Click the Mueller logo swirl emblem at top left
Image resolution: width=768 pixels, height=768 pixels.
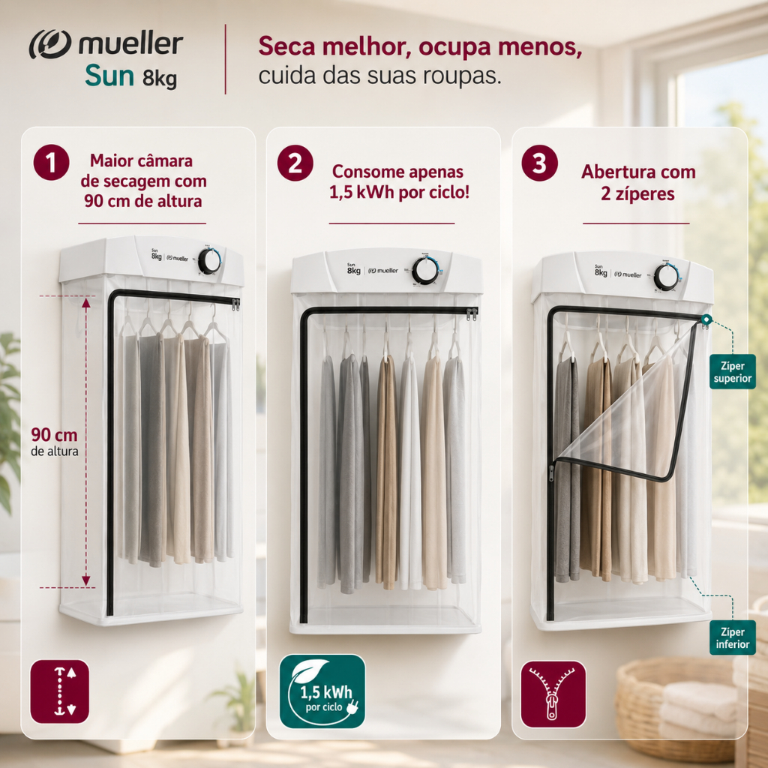(50, 44)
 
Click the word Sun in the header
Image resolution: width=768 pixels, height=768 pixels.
(109, 76)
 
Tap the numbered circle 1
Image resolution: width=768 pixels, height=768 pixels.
(52, 163)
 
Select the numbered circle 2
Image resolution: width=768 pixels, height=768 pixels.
(295, 163)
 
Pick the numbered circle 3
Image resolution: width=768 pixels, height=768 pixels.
(540, 163)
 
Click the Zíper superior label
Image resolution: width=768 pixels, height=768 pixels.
(733, 372)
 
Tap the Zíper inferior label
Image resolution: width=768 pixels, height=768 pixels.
(733, 637)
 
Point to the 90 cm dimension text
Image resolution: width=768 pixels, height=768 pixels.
(54, 435)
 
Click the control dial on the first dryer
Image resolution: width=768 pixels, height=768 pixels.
(210, 261)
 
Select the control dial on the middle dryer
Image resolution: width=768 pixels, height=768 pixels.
(425, 270)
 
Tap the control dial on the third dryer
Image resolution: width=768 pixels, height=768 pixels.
(666, 277)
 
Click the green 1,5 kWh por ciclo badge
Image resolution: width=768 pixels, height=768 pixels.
(322, 691)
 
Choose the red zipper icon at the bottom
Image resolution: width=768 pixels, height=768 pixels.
(553, 694)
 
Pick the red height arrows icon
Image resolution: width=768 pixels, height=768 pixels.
(60, 691)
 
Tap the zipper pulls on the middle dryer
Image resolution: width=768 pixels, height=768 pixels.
(472, 314)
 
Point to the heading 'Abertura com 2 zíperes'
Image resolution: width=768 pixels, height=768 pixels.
(638, 182)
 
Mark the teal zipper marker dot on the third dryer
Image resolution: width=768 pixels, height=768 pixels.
(706, 319)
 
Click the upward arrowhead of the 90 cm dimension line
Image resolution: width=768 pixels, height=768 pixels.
(86, 302)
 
